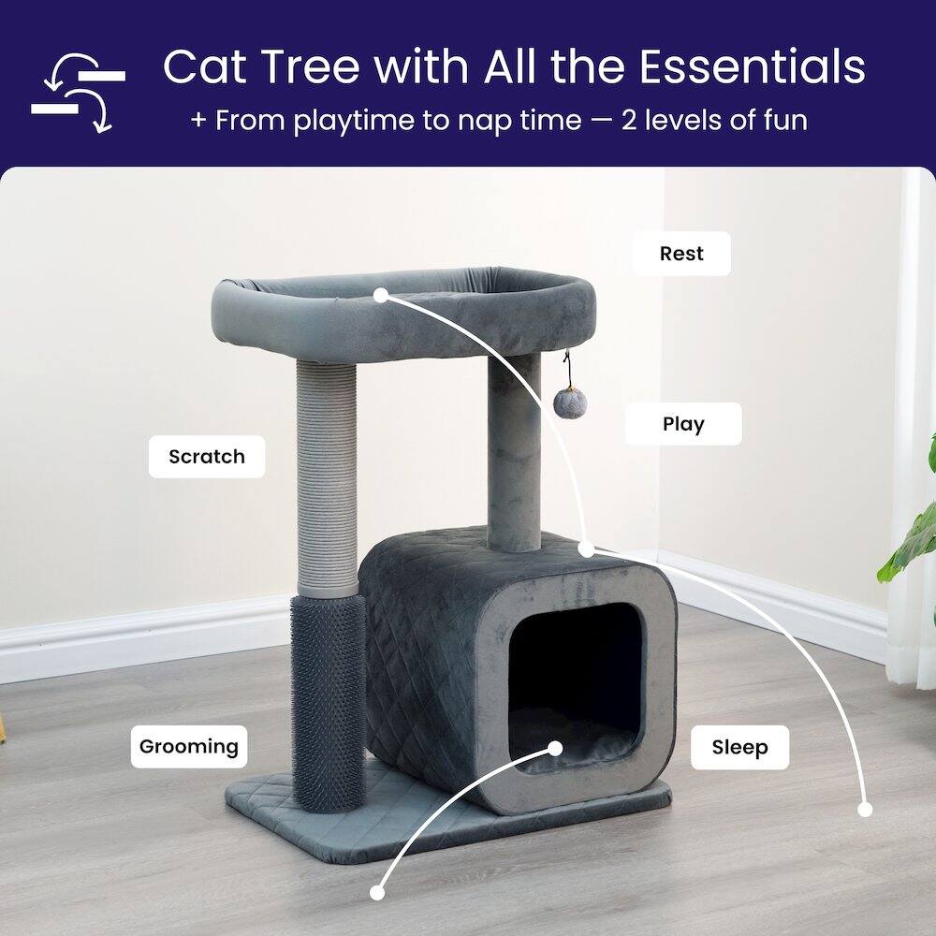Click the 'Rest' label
[681, 254]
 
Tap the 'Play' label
[683, 424]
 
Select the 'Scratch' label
[207, 458]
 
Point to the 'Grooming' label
[189, 747]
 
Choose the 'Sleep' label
[739, 748]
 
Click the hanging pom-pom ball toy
[569, 402]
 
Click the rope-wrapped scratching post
[328, 477]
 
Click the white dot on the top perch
[381, 295]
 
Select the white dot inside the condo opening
[555, 749]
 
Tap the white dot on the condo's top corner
[586, 548]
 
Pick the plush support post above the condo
[514, 449]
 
